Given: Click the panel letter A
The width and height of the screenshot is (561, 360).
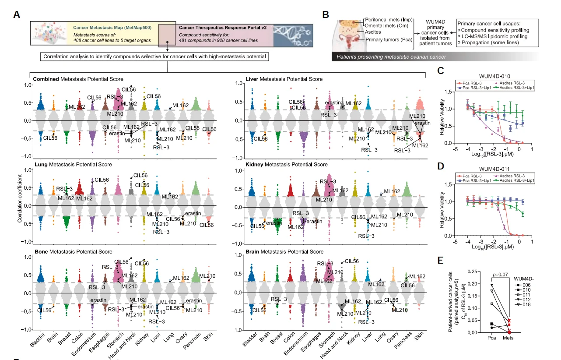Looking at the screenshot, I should click(x=17, y=14).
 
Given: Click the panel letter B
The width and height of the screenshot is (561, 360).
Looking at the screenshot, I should click(x=326, y=14).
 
